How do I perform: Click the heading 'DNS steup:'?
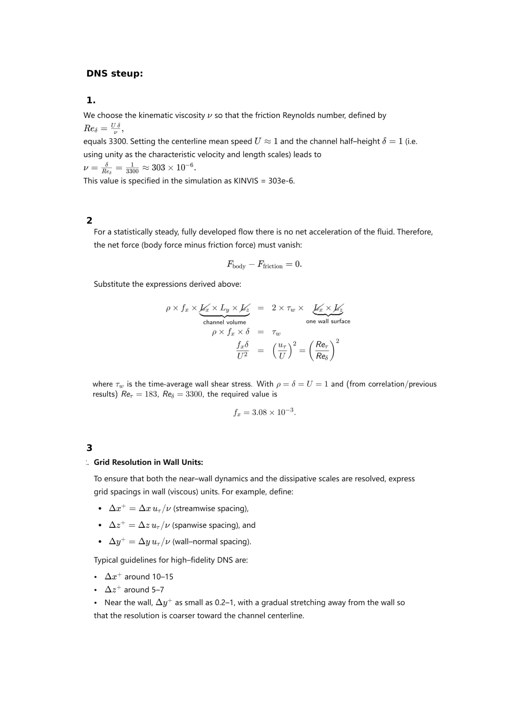[115, 73]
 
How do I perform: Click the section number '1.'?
[91, 100]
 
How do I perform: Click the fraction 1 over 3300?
[132, 168]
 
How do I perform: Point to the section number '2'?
[89, 220]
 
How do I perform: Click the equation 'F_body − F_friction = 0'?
[264, 265]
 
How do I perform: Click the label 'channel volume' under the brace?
[224, 322]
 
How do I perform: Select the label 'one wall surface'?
[328, 321]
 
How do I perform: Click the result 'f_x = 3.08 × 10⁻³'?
[264, 412]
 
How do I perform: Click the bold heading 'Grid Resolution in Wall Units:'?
[148, 462]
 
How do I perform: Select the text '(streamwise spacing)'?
[211, 508]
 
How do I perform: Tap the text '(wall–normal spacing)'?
[211, 541]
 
